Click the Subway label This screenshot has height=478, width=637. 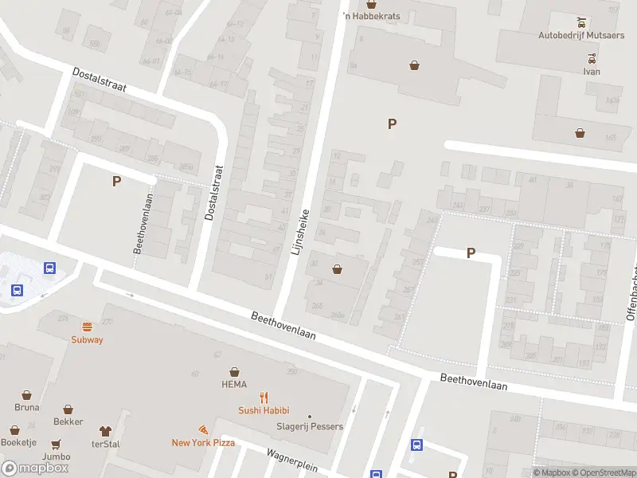(87, 339)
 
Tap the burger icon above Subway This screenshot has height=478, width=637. (87, 326)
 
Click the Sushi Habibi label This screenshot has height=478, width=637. (264, 411)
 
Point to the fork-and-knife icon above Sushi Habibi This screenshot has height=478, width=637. (264, 398)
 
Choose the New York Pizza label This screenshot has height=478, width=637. (203, 442)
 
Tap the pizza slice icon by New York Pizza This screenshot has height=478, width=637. (204, 429)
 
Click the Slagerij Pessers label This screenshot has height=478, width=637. (311, 426)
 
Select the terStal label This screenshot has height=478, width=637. (105, 444)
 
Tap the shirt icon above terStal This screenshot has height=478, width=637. (105, 430)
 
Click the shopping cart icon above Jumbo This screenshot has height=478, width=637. (57, 444)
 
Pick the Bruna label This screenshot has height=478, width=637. (26, 407)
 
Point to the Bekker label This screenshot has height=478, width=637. (68, 421)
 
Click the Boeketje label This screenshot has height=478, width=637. (18, 443)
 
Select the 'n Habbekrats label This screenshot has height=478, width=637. (371, 16)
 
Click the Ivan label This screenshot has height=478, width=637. (591, 72)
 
